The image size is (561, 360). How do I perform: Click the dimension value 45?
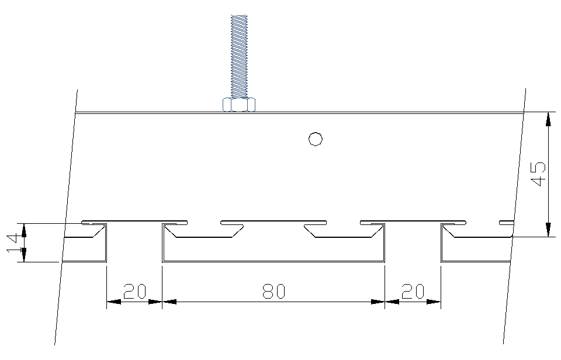pyautogui.click(x=538, y=174)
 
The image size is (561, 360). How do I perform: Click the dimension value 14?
pyautogui.click(x=13, y=243)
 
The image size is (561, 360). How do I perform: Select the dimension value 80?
pyautogui.click(x=273, y=291)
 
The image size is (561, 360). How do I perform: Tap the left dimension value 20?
pyautogui.click(x=135, y=291)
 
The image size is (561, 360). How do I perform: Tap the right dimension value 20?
pyautogui.click(x=413, y=291)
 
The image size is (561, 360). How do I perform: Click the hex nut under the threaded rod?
pyautogui.click(x=239, y=105)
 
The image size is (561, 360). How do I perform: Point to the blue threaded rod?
pyautogui.click(x=240, y=56)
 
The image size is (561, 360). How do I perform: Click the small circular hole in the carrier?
pyautogui.click(x=315, y=139)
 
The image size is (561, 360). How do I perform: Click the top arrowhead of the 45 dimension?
pyautogui.click(x=548, y=119)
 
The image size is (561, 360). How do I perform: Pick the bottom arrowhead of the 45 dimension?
pyautogui.click(x=548, y=230)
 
